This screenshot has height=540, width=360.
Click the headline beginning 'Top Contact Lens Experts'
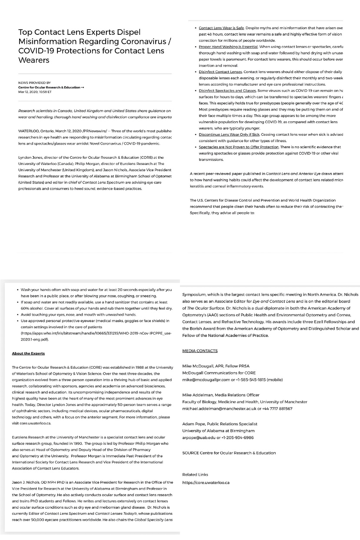click(91, 46)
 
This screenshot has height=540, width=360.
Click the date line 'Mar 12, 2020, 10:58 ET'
click(35, 92)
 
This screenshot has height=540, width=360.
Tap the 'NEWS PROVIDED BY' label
click(34, 83)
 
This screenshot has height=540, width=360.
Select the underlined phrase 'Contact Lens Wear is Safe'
click(221, 28)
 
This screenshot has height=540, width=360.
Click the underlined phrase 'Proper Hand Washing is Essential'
click(227, 47)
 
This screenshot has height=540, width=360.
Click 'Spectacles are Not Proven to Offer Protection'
click(239, 147)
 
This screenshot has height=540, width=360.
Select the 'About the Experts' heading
click(28, 353)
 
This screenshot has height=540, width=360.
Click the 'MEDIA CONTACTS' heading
click(200, 350)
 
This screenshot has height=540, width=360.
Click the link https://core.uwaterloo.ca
click(206, 482)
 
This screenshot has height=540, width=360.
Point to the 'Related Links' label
click(195, 474)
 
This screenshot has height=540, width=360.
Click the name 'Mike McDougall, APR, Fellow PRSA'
click(216, 366)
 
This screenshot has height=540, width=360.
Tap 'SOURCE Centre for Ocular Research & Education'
click(229, 453)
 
